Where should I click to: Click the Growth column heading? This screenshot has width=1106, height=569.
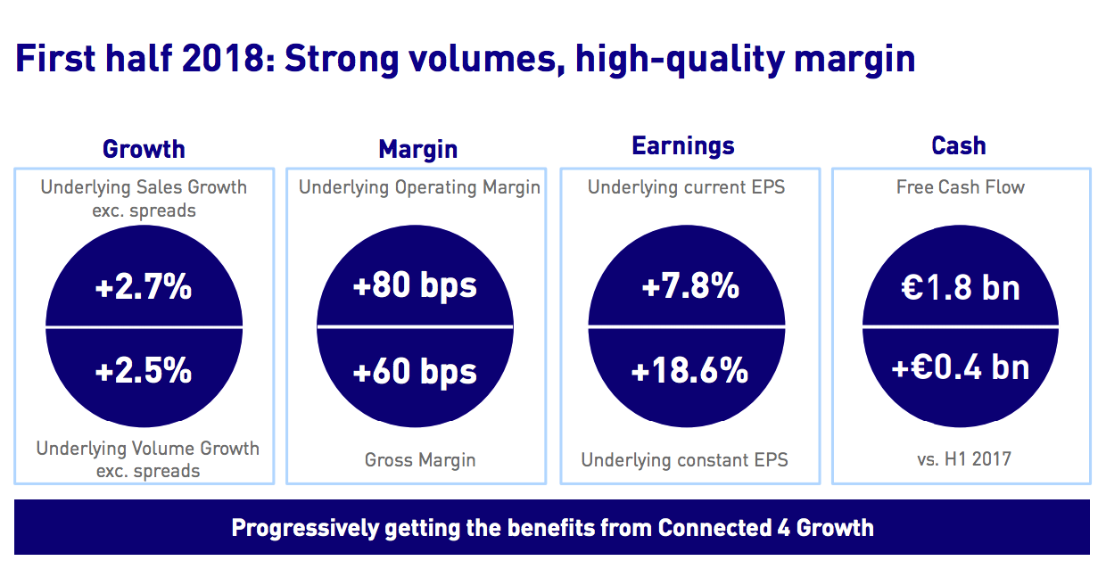click(x=144, y=148)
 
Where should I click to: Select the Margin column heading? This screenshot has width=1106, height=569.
click(x=417, y=148)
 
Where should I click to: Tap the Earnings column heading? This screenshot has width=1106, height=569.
click(x=683, y=145)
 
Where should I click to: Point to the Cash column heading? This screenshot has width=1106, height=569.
click(x=959, y=145)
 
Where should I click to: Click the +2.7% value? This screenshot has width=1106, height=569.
click(x=144, y=287)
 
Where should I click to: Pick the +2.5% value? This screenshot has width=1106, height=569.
click(x=144, y=370)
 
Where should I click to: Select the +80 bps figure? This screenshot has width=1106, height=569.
click(x=415, y=286)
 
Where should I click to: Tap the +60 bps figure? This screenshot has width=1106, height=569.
click(x=415, y=371)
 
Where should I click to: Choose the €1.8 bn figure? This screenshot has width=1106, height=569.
click(x=961, y=287)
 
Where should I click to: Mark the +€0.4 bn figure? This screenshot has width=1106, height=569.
click(x=961, y=367)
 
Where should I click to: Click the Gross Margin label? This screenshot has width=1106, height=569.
click(x=420, y=461)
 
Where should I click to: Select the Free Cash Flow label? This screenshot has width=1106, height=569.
click(x=961, y=187)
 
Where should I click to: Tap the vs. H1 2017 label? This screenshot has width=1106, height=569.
click(x=961, y=460)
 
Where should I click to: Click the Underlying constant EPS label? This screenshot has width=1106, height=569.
click(x=685, y=461)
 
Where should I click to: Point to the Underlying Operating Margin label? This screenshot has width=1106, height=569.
click(x=419, y=187)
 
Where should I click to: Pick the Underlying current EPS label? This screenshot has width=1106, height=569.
click(x=686, y=187)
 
